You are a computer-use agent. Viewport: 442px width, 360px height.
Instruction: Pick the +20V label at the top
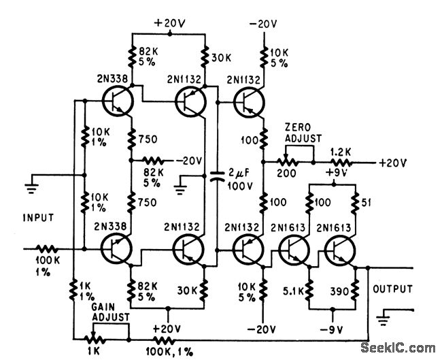[x=168, y=23]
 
